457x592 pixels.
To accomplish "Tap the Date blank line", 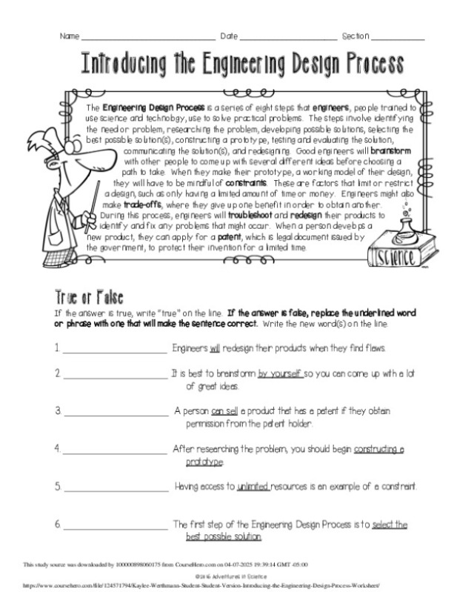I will click(x=288, y=38).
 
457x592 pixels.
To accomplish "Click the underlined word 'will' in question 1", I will click(x=215, y=347).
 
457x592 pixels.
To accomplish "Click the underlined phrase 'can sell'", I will click(x=224, y=410).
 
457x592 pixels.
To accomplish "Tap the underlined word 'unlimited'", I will click(x=253, y=487).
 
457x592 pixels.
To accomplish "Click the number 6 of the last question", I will click(x=57, y=525).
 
